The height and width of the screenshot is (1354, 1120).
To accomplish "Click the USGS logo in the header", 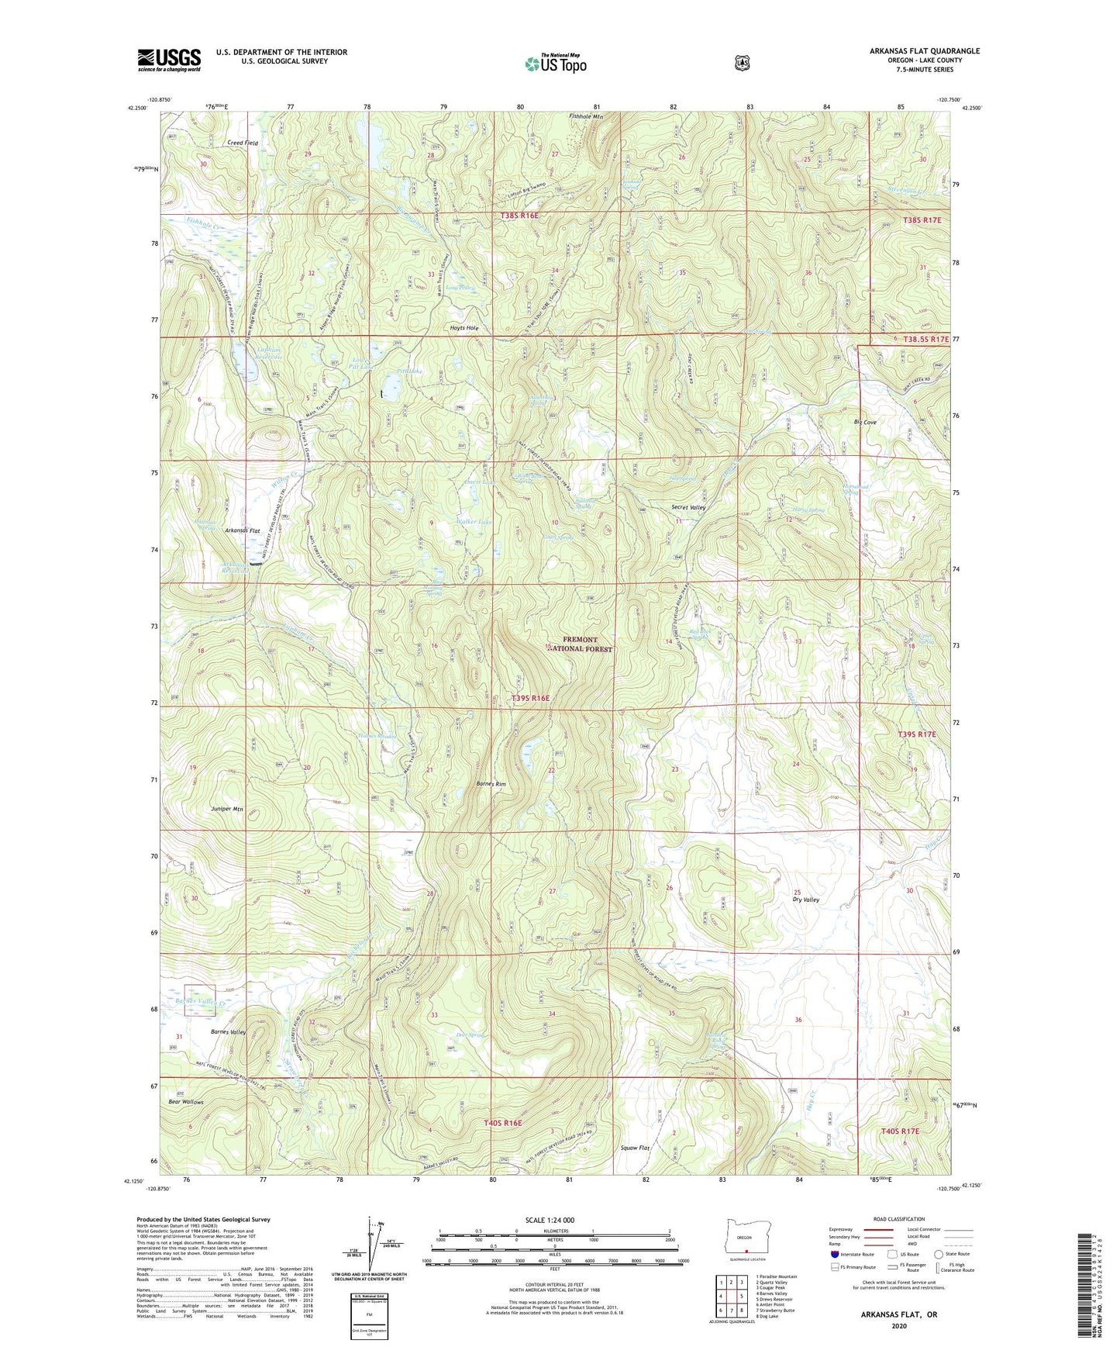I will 169,59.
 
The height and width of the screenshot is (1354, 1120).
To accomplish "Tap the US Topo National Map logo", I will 555,64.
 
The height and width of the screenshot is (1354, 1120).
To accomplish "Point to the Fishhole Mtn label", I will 586,116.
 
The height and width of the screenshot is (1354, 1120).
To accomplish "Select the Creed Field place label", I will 242,143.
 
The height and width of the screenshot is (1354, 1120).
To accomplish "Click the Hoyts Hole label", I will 464,328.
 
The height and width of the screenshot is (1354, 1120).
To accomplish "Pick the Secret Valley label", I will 688,507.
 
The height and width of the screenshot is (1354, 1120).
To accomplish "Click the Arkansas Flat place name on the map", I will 242,530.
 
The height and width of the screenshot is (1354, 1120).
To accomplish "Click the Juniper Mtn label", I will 227,809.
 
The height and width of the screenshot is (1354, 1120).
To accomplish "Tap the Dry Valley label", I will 805,900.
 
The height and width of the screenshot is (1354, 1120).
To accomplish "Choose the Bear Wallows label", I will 186,1101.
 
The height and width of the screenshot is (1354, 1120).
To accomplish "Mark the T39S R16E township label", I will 530,699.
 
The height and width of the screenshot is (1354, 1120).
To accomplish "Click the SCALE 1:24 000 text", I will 550,1220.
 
